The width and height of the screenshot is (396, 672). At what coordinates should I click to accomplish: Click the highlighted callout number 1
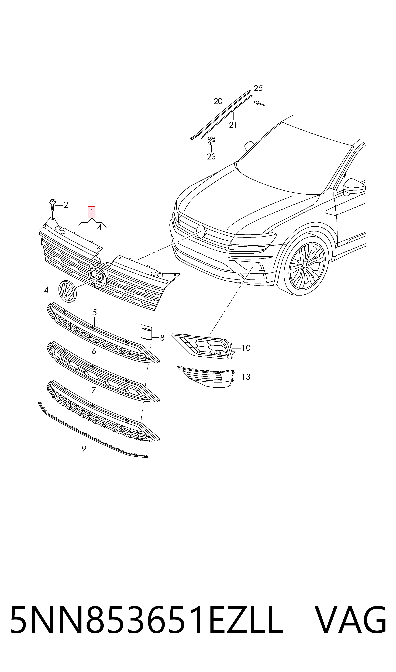click(92, 212)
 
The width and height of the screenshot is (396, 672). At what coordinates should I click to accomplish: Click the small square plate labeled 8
click(146, 332)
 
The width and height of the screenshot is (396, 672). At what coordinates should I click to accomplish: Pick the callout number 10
click(246, 348)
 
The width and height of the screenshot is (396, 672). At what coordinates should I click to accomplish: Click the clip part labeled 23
click(211, 140)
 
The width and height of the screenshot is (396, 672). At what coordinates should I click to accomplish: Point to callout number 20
click(218, 101)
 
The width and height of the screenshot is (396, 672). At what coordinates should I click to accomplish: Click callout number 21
click(233, 125)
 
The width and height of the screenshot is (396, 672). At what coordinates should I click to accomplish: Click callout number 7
click(93, 390)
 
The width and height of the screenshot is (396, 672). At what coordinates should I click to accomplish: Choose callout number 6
click(94, 352)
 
